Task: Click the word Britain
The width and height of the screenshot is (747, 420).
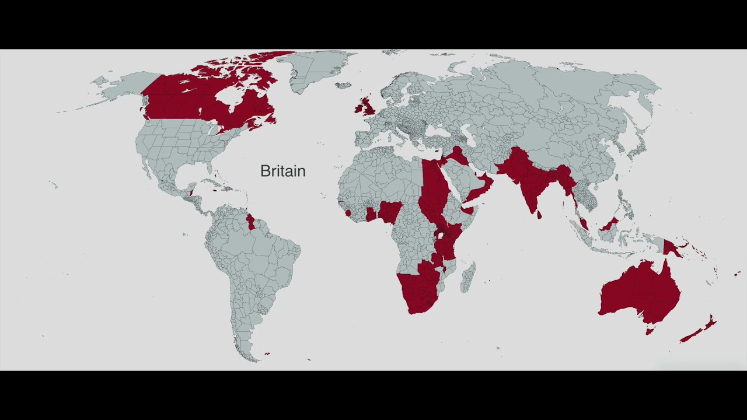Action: tap(282, 171)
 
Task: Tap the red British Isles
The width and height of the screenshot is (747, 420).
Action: tap(367, 106)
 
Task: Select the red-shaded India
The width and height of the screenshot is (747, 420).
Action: tap(529, 181)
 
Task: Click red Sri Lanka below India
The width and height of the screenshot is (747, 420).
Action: tap(539, 215)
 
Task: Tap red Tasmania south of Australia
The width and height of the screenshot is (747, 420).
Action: tap(649, 331)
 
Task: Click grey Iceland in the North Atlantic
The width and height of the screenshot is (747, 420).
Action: tap(343, 85)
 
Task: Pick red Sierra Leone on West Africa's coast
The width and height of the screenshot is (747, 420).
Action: tap(348, 213)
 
